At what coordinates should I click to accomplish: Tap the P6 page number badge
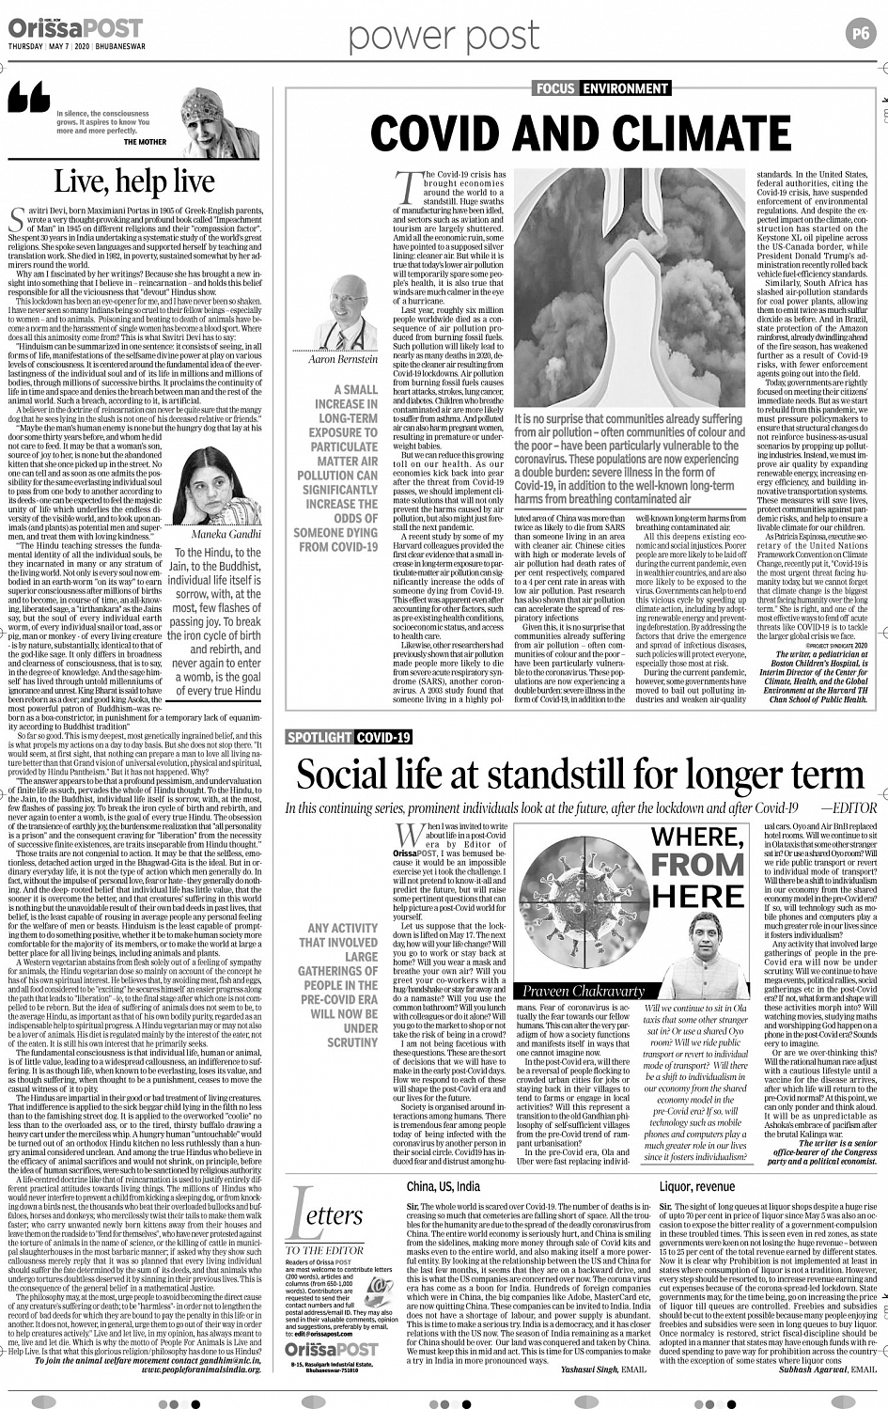tap(861, 33)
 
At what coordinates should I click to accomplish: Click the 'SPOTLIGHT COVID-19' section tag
tap(350, 737)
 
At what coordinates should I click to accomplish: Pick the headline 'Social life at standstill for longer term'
tap(581, 775)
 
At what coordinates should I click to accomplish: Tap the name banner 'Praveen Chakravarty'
tap(584, 991)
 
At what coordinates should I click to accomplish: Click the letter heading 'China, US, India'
tap(444, 1186)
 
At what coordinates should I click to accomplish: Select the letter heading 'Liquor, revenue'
tap(697, 1186)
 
